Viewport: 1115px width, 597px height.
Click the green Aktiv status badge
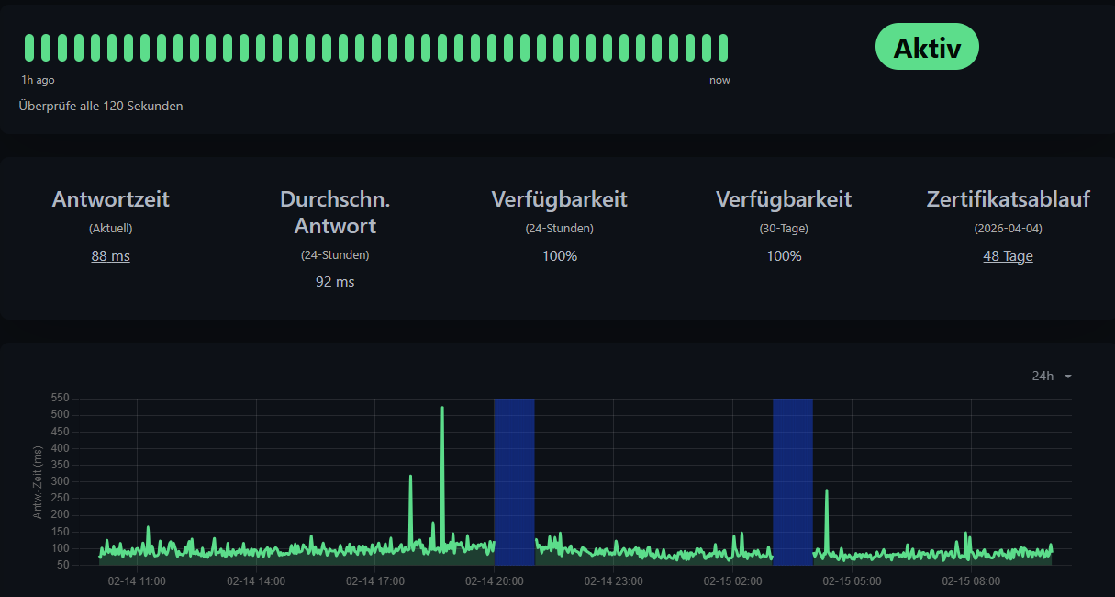(927, 47)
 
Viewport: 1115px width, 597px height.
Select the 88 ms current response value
(110, 256)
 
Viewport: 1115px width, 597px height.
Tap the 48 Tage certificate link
(1008, 256)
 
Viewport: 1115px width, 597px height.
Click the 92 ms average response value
(335, 282)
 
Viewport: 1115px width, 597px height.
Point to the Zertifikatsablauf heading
(1008, 199)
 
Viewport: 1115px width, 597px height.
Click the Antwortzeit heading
(110, 199)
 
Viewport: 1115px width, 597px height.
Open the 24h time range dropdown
(1052, 376)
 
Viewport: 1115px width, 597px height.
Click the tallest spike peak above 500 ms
(442, 408)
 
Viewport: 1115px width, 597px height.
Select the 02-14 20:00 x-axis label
(495, 581)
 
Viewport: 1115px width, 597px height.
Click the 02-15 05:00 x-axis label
(852, 581)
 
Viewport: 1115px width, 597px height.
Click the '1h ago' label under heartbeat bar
(38, 80)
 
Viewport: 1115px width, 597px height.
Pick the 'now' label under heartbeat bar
(719, 80)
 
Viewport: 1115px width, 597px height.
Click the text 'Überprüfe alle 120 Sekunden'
(101, 106)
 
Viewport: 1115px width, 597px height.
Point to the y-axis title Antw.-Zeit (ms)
(39, 482)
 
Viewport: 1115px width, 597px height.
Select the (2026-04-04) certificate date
(1008, 228)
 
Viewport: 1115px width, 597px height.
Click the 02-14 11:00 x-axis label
(137, 581)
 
